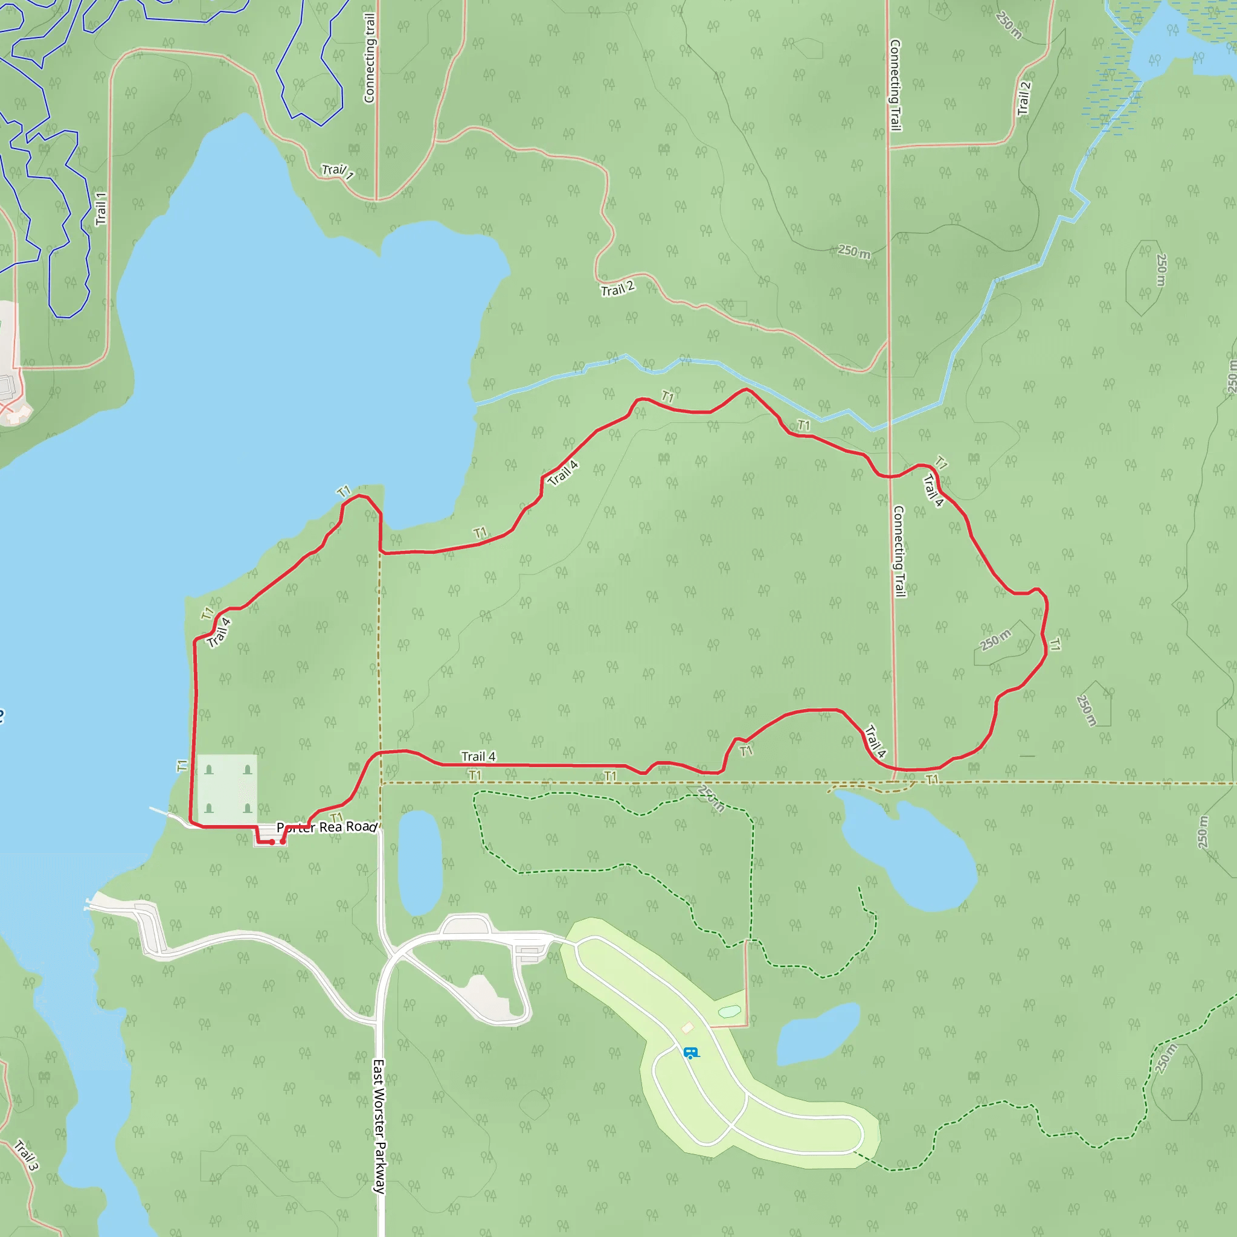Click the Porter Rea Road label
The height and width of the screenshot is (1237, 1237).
pos(327,827)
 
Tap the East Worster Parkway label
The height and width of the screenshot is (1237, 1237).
pos(379,1127)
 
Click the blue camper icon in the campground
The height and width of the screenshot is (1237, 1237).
pos(690,1053)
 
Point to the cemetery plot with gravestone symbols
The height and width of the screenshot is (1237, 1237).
pos(227,788)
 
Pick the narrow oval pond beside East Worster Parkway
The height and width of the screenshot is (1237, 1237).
pos(420,862)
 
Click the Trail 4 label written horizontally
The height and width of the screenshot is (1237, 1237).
pos(478,757)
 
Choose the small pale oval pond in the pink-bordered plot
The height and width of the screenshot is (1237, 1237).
pos(729,1012)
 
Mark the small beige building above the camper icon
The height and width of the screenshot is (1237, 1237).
pos(687,1027)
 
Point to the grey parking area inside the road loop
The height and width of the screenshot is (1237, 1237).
pos(487,995)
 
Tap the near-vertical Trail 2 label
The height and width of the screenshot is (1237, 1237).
pos(1024,98)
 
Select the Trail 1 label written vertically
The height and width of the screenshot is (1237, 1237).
pos(101,208)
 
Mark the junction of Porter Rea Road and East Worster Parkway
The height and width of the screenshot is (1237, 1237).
pos(380,828)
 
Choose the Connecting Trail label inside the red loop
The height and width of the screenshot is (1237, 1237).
pos(899,551)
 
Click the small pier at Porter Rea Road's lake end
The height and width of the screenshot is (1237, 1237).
pos(160,811)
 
